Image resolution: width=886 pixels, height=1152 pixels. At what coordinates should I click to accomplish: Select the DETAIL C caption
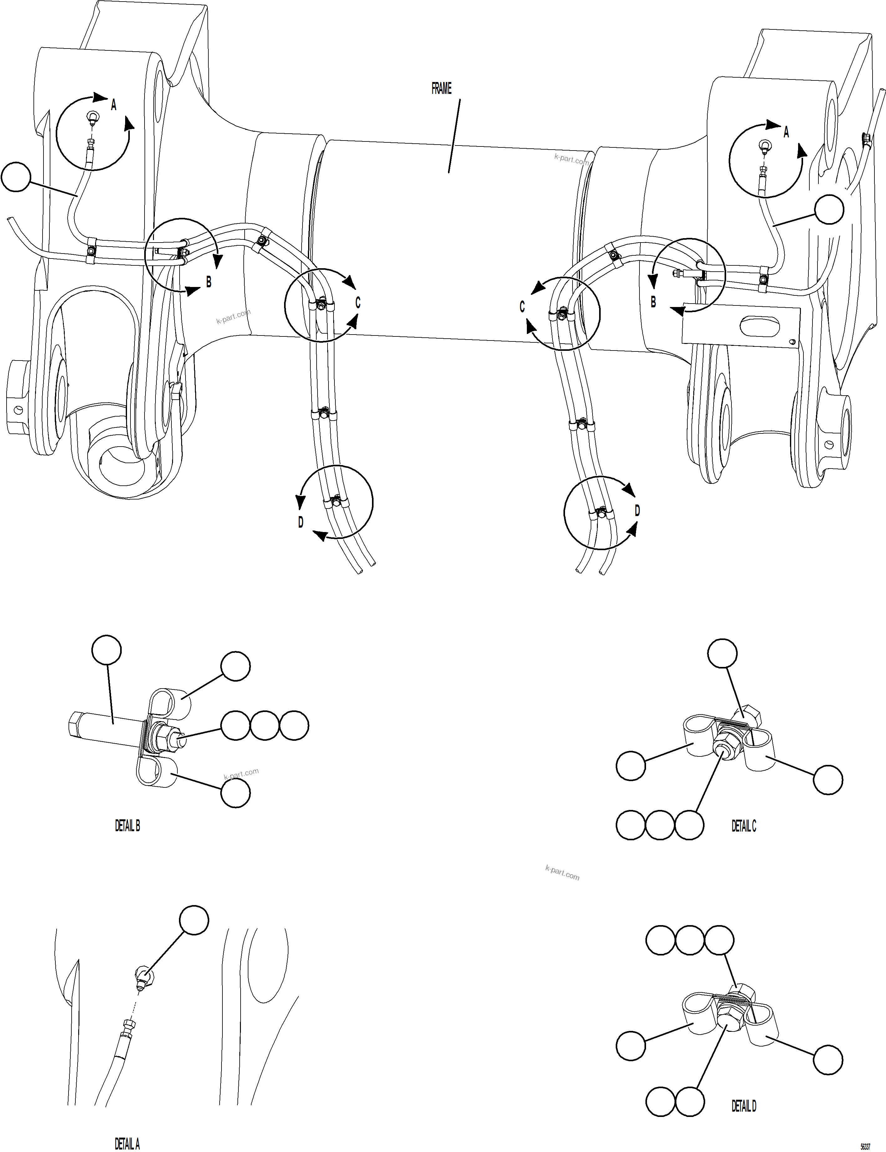(744, 826)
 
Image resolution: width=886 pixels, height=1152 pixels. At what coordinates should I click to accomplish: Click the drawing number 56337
(865, 1146)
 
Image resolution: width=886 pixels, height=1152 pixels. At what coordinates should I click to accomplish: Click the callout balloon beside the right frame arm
(829, 209)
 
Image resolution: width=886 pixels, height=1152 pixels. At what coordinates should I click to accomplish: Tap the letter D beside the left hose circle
(301, 522)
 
